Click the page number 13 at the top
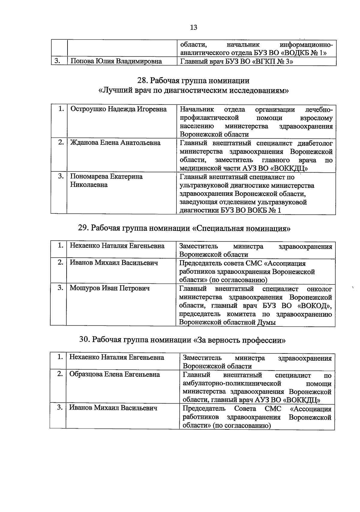coord(193,27)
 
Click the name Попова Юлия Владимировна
coord(116,62)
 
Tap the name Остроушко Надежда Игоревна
coord(118,109)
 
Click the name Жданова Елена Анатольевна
coord(115,143)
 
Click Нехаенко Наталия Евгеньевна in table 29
coord(117,246)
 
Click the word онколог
coord(319,289)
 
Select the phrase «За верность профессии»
coord(239,340)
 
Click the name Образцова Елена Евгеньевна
coord(115,374)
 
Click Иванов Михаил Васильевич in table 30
coord(113,408)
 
